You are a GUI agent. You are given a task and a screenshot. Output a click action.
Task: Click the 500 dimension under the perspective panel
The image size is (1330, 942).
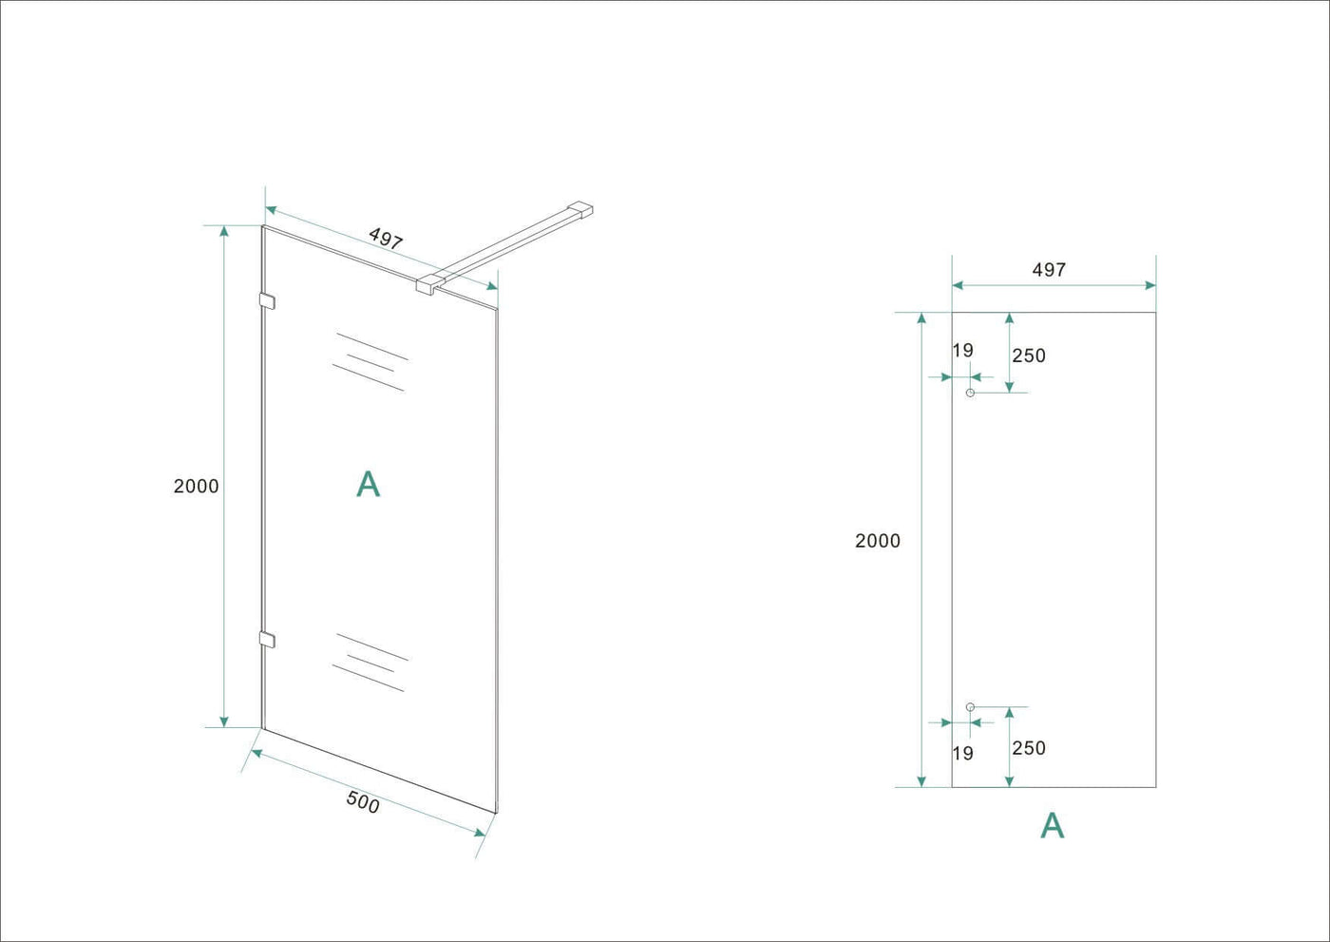tap(363, 802)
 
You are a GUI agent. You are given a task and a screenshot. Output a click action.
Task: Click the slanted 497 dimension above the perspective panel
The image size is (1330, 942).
tap(386, 239)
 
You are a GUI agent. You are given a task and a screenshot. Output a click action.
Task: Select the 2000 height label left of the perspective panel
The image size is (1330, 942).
tap(196, 486)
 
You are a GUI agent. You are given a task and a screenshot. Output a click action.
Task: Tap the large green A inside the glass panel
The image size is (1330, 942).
tap(369, 484)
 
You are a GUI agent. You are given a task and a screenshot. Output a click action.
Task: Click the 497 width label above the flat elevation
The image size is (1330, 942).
tap(1049, 270)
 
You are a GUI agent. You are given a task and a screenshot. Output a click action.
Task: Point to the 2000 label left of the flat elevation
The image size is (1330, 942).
tap(878, 541)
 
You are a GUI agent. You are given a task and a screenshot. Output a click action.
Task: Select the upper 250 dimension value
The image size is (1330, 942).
tap(1029, 356)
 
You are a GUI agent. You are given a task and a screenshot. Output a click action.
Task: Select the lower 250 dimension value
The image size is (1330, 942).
tap(1029, 748)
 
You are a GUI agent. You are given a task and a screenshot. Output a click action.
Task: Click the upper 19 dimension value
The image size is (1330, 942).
tap(963, 351)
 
